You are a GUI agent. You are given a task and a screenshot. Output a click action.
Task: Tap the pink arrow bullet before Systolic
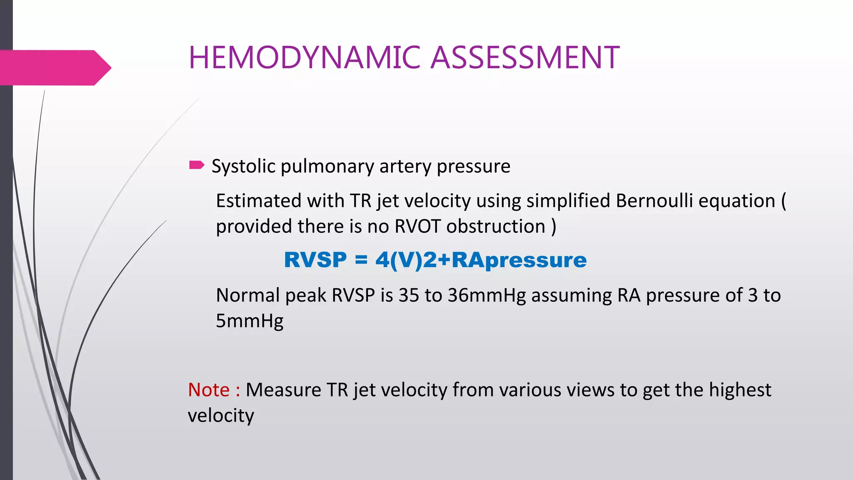197,165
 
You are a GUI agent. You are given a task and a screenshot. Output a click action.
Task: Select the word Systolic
244,167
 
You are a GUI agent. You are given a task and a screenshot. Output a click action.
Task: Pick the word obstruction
496,227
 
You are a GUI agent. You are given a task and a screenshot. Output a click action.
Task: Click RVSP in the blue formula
315,260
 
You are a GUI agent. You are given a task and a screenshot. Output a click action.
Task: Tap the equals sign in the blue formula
361,260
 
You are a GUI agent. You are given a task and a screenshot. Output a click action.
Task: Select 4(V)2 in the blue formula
406,260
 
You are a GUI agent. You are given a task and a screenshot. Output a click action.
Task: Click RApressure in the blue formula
519,260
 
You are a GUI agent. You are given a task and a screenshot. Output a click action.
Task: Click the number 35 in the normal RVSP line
409,295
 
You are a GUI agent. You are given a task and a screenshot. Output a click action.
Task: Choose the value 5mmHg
249,321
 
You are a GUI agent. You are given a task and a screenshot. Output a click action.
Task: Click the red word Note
209,390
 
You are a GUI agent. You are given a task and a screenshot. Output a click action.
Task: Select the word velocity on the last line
221,416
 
